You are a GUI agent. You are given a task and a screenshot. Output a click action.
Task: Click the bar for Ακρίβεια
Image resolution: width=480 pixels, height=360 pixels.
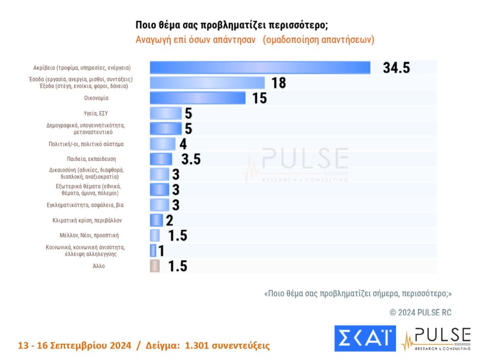coord(260,68)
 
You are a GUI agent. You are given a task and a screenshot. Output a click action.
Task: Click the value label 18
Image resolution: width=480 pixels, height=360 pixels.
coord(279,83)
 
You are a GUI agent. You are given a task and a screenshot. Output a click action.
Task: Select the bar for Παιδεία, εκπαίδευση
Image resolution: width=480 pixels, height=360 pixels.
coord(161,159)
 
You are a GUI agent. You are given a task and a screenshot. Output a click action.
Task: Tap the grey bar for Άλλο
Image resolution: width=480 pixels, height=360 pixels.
coord(154,266)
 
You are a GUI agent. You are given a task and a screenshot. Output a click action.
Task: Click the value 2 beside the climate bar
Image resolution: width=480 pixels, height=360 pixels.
coord(169,220)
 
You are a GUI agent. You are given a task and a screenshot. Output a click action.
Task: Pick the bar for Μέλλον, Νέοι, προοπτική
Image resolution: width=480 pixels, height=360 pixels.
coord(154,236)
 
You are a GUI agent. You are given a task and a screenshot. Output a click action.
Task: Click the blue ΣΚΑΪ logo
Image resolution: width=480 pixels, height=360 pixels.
coord(365,338)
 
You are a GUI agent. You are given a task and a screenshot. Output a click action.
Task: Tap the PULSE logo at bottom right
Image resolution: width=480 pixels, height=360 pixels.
coord(436,338)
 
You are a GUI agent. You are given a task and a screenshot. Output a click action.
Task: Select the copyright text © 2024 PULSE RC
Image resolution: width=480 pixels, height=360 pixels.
coord(420,313)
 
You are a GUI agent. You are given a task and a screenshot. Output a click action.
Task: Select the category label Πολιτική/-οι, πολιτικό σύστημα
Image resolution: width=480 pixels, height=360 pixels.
coord(86,144)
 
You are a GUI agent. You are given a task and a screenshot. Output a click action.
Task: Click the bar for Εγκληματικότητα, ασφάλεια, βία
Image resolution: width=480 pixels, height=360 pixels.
coord(159,205)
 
